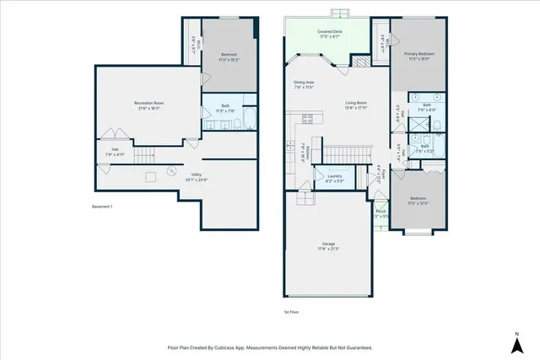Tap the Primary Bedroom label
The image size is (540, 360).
coord(418,55)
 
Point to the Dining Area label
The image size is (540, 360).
coord(304,84)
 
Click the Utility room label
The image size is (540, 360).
coord(196,177)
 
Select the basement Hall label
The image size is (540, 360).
coord(114,153)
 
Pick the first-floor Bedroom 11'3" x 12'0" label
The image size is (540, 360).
coord(418,201)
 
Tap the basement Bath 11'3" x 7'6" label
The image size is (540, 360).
coord(226,110)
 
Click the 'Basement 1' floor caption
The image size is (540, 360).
coord(101,207)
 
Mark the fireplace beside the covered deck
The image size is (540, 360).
coord(360,62)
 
